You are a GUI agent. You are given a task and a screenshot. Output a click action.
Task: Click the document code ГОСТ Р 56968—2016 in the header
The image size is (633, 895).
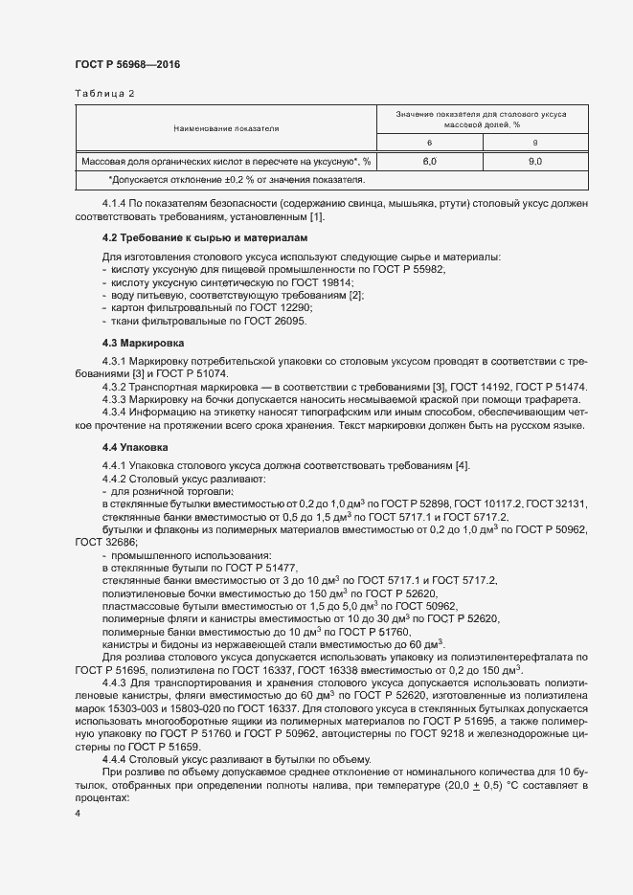pos(126,64)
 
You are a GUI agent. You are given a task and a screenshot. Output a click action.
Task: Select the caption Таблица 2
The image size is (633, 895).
pos(104,94)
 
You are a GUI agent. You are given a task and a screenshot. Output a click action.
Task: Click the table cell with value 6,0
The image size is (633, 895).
pos(429,162)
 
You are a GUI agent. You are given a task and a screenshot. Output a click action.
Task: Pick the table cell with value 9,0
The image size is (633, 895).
pos(535,162)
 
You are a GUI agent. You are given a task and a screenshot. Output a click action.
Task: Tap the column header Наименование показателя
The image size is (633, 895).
pos(226,128)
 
